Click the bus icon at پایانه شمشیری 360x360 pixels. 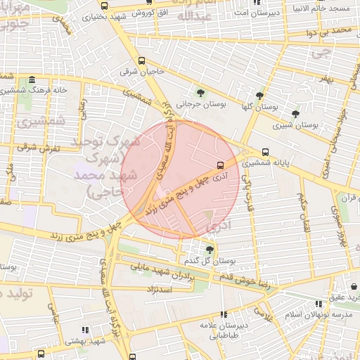pos(265,152)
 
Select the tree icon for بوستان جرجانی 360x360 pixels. pos(201,94)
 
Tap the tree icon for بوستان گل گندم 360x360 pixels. pos(210,250)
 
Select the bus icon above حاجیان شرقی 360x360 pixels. pos(143,60)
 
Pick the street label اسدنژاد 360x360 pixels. pos(159,289)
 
